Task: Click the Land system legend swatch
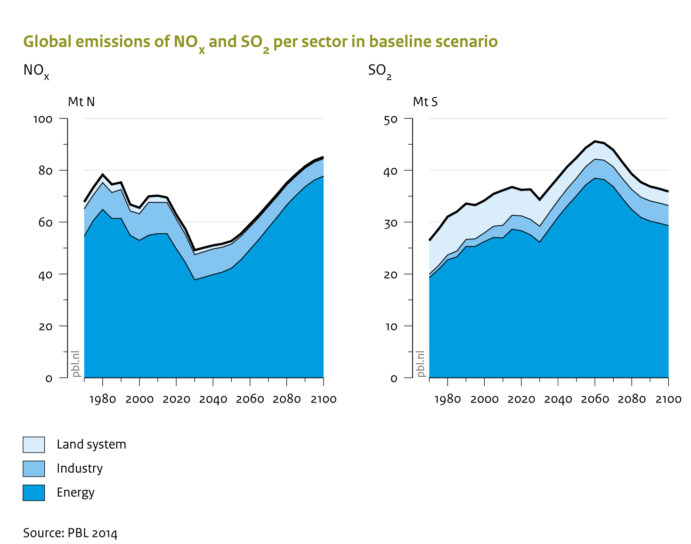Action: pyautogui.click(x=34, y=445)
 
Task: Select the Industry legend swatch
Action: pyautogui.click(x=34, y=469)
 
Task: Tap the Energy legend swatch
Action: pyautogui.click(x=34, y=493)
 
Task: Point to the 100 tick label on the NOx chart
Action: pyautogui.click(x=43, y=119)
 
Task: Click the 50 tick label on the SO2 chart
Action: pyautogui.click(x=391, y=120)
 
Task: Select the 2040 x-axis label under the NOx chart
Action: pyautogui.click(x=213, y=399)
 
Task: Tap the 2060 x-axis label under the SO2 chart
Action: pyautogui.click(x=595, y=399)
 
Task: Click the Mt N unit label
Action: pyautogui.click(x=81, y=102)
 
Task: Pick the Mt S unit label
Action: pyautogui.click(x=425, y=102)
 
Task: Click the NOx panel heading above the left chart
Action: pyautogui.click(x=36, y=71)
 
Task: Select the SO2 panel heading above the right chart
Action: pyautogui.click(x=380, y=71)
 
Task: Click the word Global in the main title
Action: pyautogui.click(x=48, y=41)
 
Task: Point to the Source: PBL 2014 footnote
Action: pyautogui.click(x=70, y=533)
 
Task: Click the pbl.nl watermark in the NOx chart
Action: pyautogui.click(x=76, y=364)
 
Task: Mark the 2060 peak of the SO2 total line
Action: pyautogui.click(x=595, y=141)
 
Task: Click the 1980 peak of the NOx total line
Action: pyautogui.click(x=103, y=174)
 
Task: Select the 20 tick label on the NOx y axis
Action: pyautogui.click(x=46, y=327)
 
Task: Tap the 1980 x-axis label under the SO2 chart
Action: pyautogui.click(x=447, y=399)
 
